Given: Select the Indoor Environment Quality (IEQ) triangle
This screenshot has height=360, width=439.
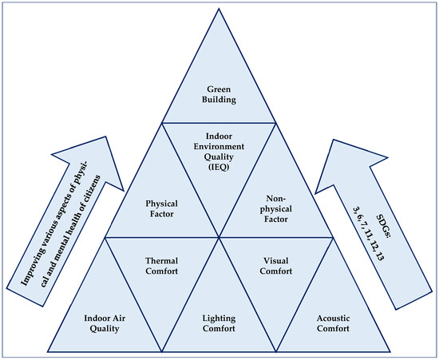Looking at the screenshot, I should pyautogui.click(x=219, y=156).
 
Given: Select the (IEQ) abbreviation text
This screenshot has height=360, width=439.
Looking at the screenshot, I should pyautogui.click(x=219, y=169).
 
